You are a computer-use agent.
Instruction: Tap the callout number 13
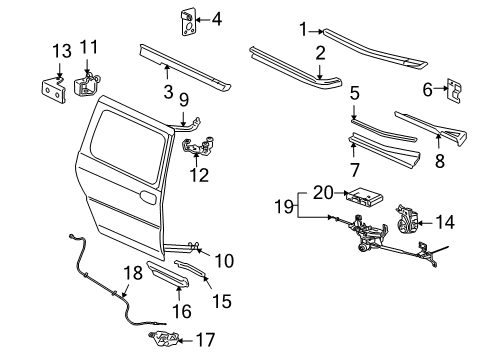(62, 51)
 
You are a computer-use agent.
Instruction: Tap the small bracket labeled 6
(455, 93)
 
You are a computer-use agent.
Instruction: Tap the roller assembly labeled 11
(88, 81)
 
